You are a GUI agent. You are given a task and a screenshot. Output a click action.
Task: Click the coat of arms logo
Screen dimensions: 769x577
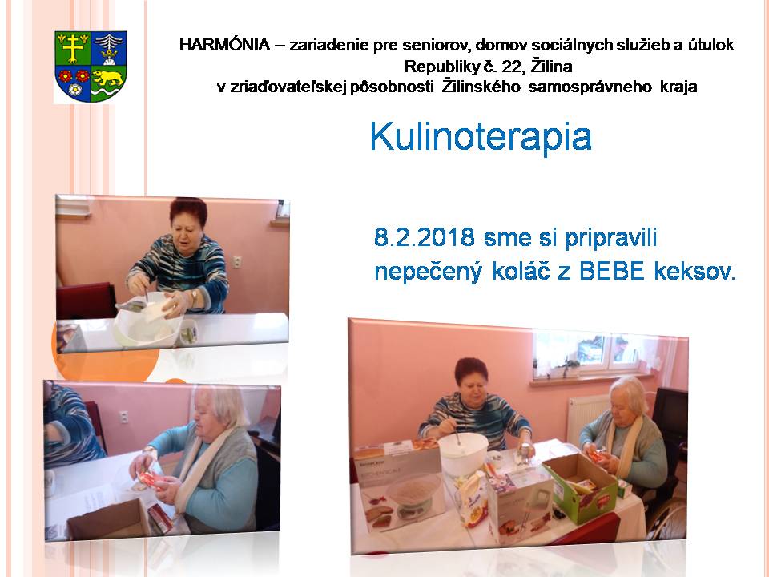click(91, 67)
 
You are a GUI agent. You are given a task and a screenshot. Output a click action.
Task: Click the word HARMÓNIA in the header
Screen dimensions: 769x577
click(224, 45)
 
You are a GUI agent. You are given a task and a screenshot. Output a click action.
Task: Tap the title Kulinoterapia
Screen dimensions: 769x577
click(481, 137)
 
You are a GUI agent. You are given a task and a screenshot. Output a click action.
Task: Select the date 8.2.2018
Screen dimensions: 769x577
click(425, 237)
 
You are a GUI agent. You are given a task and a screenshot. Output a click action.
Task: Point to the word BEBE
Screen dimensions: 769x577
click(611, 272)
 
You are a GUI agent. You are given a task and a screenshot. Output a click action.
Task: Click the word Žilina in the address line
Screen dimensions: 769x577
click(552, 67)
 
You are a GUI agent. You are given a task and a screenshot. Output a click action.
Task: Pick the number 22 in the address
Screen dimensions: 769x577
click(513, 67)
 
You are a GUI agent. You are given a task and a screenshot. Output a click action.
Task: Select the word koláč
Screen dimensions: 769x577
click(521, 272)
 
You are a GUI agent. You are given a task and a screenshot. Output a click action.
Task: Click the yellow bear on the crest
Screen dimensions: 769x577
click(108, 78)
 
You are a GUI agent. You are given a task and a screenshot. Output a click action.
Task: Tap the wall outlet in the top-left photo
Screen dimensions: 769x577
click(236, 262)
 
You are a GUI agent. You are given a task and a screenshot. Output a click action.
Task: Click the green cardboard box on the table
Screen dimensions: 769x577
click(581, 487)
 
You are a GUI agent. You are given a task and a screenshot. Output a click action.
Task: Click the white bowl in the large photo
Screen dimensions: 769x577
click(463, 454)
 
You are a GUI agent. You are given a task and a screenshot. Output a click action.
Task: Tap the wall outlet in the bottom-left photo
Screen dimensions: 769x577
click(124, 417)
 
